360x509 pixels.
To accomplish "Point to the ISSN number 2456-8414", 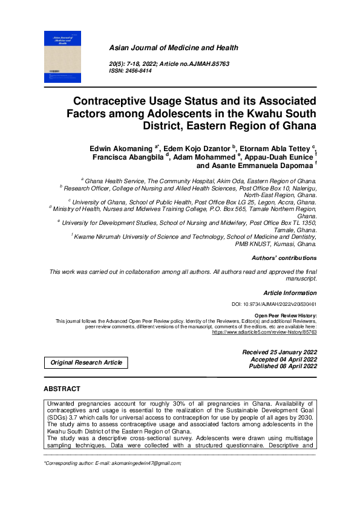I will click(x=141, y=71).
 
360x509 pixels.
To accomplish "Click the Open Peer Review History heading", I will click(x=285, y=316).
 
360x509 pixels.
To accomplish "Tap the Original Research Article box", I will click(x=85, y=363).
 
